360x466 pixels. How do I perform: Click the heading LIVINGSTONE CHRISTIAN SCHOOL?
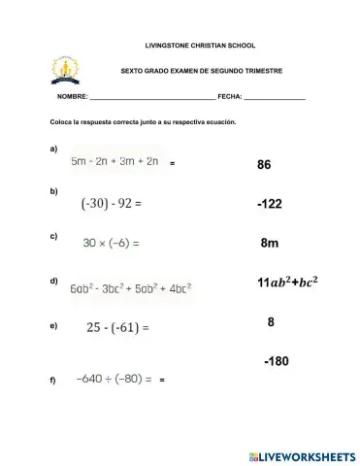pyautogui.click(x=180, y=46)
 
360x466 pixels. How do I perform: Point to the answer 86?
pyautogui.click(x=264, y=165)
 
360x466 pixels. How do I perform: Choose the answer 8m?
pyautogui.click(x=270, y=244)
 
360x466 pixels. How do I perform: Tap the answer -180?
pyautogui.click(x=276, y=361)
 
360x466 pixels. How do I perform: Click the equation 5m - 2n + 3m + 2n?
pyautogui.click(x=114, y=162)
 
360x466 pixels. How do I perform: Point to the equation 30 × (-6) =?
pyautogui.click(x=112, y=243)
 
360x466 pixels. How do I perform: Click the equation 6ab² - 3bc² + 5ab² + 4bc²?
pyautogui.click(x=130, y=287)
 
